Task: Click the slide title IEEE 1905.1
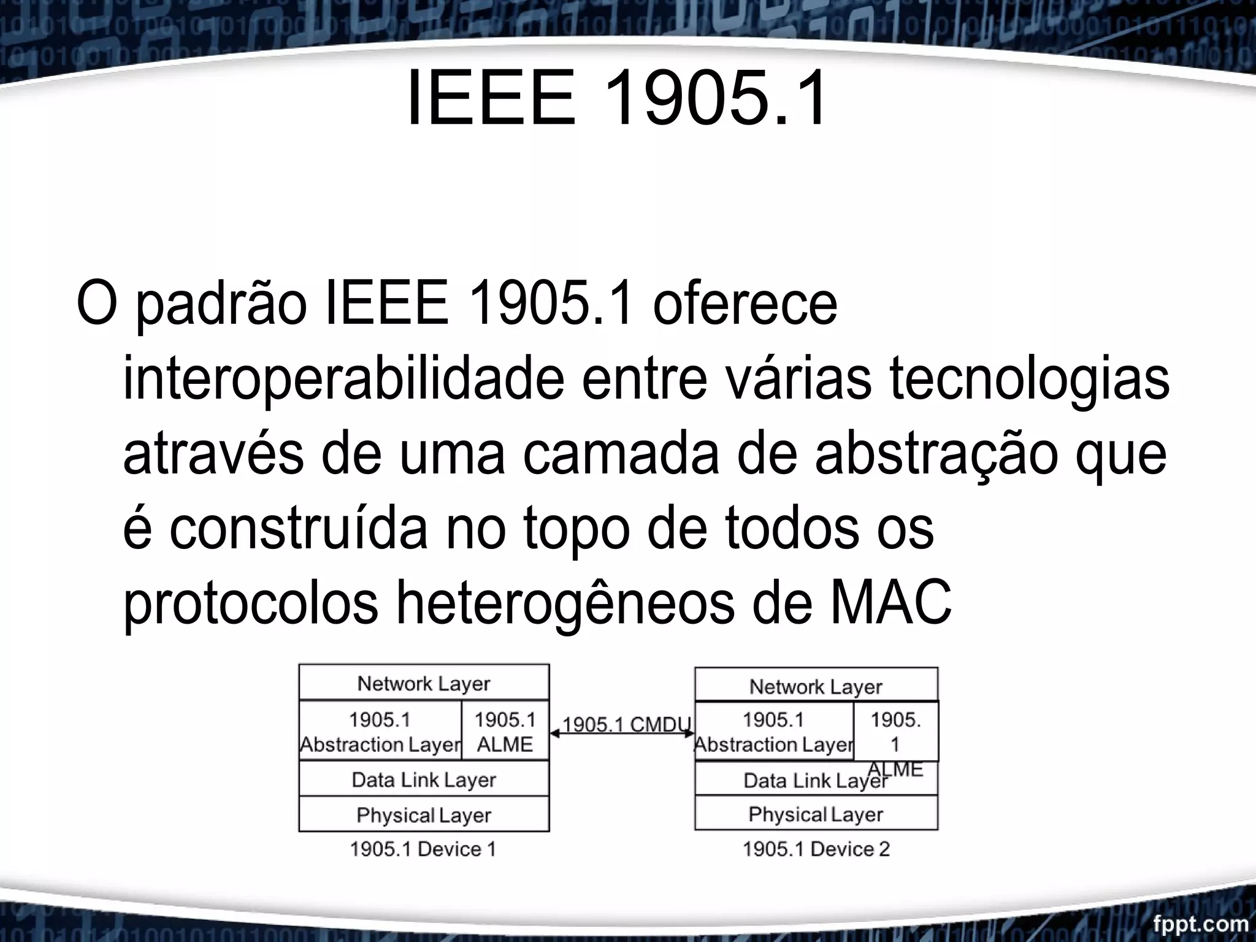point(617,98)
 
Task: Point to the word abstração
point(936,454)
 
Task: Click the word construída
point(298,529)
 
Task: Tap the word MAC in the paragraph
point(890,603)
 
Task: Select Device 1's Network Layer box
point(424,683)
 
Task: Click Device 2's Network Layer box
point(816,686)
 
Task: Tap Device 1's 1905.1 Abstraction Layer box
point(380,731)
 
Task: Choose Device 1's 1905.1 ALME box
point(505,731)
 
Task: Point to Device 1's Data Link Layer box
point(424,779)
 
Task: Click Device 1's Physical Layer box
point(424,815)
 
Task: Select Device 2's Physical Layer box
point(816,814)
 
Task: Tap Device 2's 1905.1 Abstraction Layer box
point(773,731)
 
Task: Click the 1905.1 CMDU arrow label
point(626,724)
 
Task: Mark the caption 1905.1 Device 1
point(423,849)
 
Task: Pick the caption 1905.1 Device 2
point(816,849)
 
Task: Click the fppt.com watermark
point(1200,923)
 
